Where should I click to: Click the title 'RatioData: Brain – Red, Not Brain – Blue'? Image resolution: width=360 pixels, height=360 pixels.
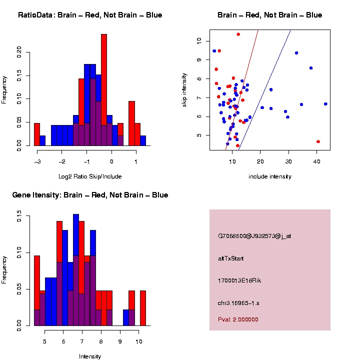point(90,15)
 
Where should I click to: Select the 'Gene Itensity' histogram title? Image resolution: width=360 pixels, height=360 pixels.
point(90,195)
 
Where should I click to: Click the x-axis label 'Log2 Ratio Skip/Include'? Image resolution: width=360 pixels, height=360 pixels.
point(90,176)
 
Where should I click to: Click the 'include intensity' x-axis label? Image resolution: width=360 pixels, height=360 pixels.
point(270,176)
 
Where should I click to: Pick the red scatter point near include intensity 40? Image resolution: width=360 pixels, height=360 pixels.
point(318,141)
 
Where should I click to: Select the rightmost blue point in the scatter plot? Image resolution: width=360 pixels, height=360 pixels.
point(325,104)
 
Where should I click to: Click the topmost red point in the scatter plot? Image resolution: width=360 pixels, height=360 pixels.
point(238,34)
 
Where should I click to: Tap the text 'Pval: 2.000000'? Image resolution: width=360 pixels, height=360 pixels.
point(238,319)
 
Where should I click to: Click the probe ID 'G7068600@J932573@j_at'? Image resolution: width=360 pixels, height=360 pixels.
point(254,236)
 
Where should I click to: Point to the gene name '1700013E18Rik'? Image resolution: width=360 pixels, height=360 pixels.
point(239,280)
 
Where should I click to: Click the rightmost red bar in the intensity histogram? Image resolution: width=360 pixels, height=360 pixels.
point(143,308)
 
